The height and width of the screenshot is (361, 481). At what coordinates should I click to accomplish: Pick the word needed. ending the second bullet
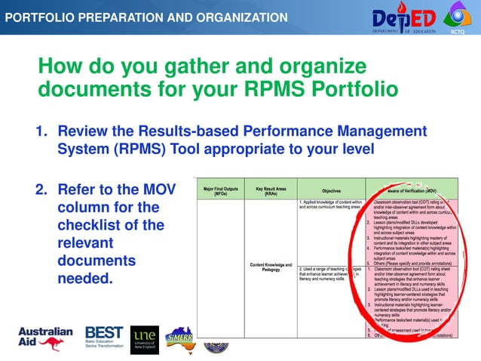(86, 279)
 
